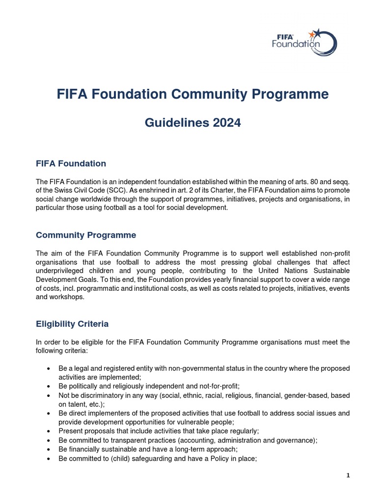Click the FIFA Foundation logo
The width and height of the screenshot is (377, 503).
(304, 41)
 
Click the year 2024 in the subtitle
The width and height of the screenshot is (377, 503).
(223, 123)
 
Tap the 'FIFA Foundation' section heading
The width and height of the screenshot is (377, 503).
(71, 163)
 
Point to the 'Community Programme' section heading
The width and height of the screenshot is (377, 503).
(86, 235)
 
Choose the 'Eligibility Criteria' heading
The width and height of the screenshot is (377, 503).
(72, 324)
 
